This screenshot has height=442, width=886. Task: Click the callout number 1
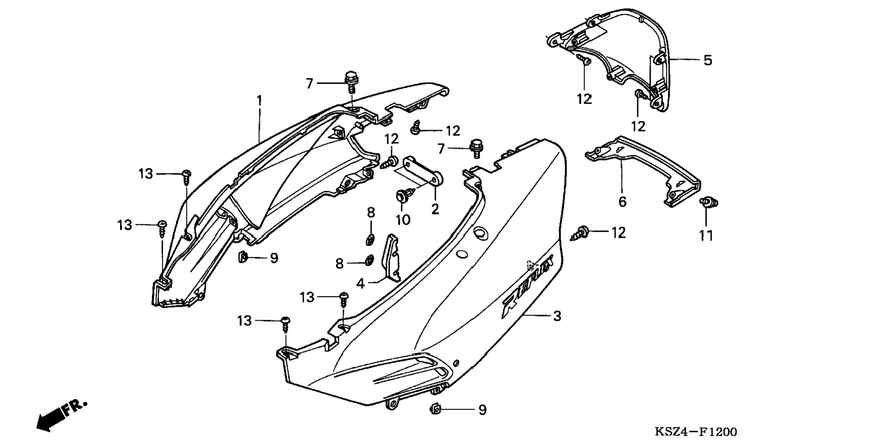pyautogui.click(x=259, y=100)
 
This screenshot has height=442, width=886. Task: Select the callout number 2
pyautogui.click(x=435, y=209)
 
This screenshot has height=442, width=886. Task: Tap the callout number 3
pyautogui.click(x=557, y=316)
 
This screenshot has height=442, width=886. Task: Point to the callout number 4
pyautogui.click(x=361, y=284)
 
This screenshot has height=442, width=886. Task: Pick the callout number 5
pyautogui.click(x=707, y=60)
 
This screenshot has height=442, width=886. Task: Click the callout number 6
pyautogui.click(x=622, y=202)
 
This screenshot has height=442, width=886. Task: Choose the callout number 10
pyautogui.click(x=403, y=220)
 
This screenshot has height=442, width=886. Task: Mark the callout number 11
pyautogui.click(x=706, y=236)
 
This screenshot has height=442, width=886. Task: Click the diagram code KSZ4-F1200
pyautogui.click(x=695, y=432)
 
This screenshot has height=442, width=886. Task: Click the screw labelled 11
pyautogui.click(x=708, y=203)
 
